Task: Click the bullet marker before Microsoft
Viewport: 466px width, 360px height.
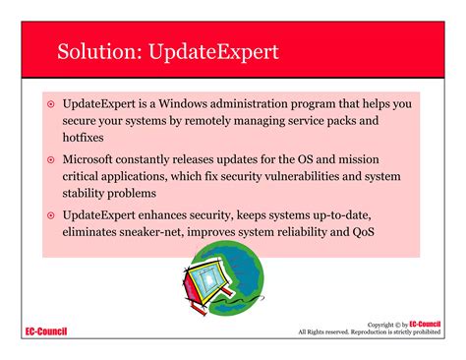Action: [51, 158]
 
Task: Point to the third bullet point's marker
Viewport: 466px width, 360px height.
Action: [51, 213]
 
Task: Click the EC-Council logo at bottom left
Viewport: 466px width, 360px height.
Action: [46, 331]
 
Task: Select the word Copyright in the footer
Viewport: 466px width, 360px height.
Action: [382, 325]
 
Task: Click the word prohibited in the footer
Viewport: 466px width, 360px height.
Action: [423, 332]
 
